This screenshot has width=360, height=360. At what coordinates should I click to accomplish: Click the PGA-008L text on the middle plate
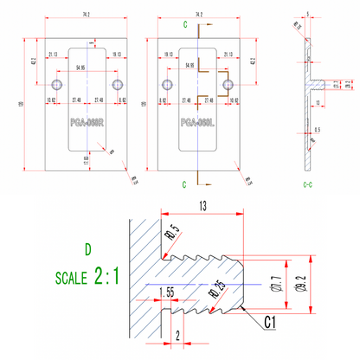197,122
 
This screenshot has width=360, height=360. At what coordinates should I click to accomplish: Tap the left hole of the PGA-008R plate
56,84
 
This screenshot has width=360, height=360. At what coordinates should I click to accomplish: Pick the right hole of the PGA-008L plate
228,84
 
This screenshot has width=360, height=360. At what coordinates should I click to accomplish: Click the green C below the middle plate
184,184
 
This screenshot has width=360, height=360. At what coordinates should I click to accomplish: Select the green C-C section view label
307,184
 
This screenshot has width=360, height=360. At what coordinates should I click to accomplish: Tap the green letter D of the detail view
87,251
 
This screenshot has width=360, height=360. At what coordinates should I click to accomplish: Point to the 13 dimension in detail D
202,206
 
